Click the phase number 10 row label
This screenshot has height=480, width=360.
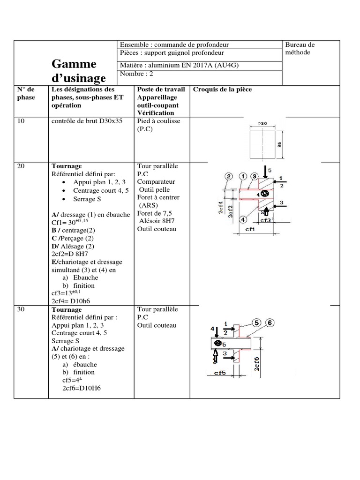pos(21,121)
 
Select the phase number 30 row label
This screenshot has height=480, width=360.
pos(21,309)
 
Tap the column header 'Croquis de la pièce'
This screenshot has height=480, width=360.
pos(222,89)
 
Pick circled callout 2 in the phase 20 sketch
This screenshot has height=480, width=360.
pos(229,176)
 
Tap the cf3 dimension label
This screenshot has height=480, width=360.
pos(266,219)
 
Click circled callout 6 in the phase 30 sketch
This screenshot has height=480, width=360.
pos(271,322)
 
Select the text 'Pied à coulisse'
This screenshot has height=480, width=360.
pos(158,121)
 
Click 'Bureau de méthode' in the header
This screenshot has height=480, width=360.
pos(300,48)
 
